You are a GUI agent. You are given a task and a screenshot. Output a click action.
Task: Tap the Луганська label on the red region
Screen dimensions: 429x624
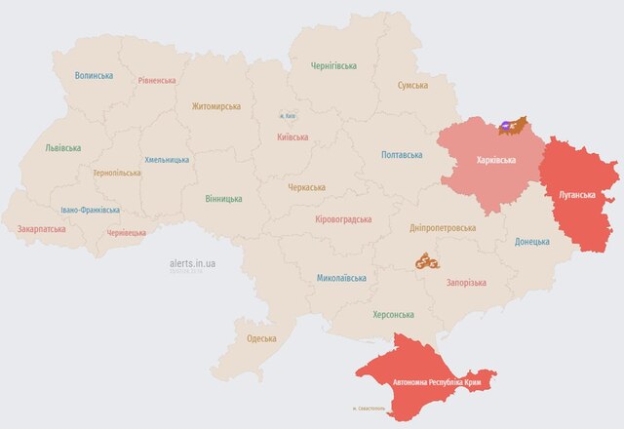point(575,194)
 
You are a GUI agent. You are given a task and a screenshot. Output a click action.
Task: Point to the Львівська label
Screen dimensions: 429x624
point(63,148)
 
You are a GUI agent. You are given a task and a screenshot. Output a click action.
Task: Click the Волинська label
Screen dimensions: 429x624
point(94,75)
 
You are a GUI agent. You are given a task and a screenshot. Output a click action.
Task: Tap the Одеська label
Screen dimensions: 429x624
point(261,338)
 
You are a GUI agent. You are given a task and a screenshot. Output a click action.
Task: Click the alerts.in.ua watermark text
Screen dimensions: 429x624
point(192,263)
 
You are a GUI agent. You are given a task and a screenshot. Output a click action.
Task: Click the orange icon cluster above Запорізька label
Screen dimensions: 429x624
point(427,261)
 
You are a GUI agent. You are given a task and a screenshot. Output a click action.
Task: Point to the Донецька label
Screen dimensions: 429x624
point(531,241)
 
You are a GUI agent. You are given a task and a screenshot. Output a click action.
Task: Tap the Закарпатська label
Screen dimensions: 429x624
point(42,229)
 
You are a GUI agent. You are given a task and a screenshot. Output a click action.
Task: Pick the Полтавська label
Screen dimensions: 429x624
point(401,155)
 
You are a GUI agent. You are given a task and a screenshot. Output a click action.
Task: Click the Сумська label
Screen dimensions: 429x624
point(412,86)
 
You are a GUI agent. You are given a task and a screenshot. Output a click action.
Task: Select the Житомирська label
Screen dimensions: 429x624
point(215,106)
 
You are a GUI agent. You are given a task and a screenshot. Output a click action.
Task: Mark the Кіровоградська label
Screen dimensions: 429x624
point(344,218)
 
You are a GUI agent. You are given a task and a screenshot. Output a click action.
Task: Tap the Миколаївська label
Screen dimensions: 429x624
point(341,278)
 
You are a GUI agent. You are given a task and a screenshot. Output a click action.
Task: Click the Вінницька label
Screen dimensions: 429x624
point(224,198)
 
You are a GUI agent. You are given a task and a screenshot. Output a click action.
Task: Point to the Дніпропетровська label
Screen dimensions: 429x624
point(443,227)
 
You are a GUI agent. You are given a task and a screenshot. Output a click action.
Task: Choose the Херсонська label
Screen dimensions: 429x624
point(393,315)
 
